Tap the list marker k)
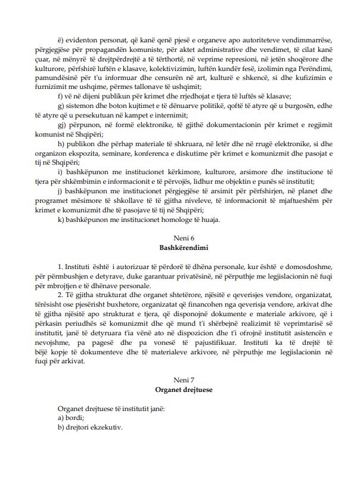coord(62,220)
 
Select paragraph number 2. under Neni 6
coord(61,294)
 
